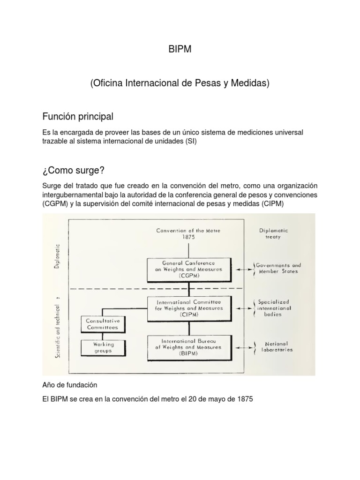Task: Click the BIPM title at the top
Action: tap(180, 50)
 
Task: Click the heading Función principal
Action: tap(77, 116)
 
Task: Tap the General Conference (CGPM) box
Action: tap(189, 269)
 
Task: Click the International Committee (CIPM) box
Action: tap(188, 308)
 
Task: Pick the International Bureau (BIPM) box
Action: tap(188, 347)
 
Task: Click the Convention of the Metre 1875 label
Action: tap(189, 234)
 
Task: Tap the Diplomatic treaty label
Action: tap(273, 234)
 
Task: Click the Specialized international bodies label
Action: tap(274, 308)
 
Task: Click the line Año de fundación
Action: tap(69, 385)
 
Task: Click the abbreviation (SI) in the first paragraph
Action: tap(191, 142)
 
